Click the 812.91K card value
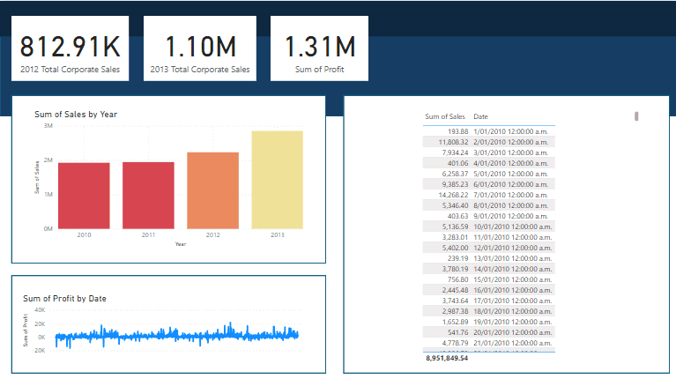[71, 47]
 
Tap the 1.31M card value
[320, 47]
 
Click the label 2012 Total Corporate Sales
[71, 69]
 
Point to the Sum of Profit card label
[320, 69]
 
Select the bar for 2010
[85, 196]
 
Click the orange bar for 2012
[213, 190]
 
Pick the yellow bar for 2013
[278, 180]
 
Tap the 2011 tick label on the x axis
[148, 235]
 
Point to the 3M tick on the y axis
[47, 127]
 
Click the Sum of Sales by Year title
[76, 114]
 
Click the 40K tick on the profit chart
[40, 310]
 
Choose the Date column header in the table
[481, 116]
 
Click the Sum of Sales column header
[445, 116]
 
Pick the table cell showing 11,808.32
[450, 141]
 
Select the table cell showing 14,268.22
[450, 194]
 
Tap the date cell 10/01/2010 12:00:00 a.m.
[512, 226]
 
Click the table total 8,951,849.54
[447, 359]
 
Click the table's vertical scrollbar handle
[636, 116]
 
